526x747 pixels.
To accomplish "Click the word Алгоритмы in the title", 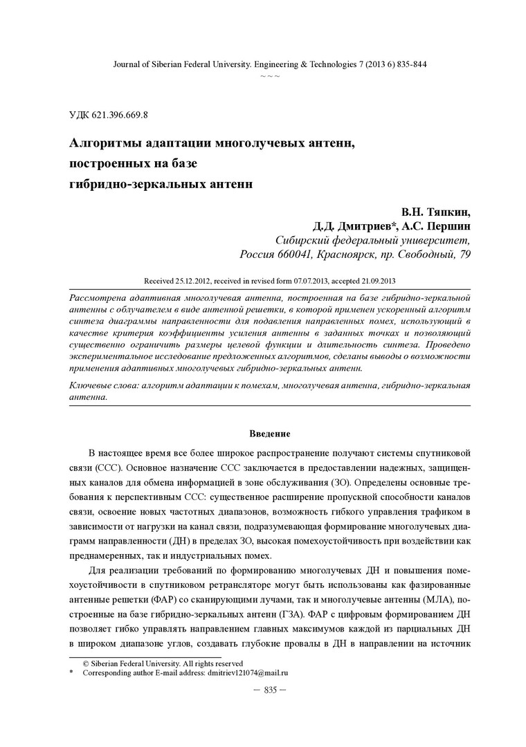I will pos(108,144).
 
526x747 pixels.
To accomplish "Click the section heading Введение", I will pos(270,434).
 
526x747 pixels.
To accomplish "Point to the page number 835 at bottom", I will pos(270,690).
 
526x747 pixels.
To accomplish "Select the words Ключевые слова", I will pos(103,385).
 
